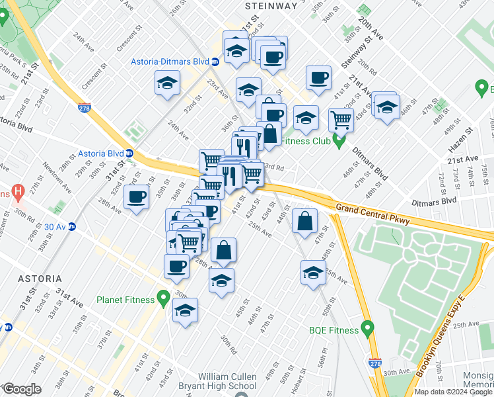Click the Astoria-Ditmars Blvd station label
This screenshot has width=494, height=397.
pos(167,62)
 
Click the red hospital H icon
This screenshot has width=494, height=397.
pos(18,193)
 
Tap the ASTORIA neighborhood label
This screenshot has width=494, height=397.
pos(31,279)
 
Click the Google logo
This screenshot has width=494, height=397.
pos(22,389)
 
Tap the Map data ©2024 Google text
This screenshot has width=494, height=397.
pos(453,392)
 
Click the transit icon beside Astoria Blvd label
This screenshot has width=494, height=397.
pos(130,154)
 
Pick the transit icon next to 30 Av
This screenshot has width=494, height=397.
pos(72,226)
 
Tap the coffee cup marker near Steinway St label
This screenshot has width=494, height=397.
pos(318,77)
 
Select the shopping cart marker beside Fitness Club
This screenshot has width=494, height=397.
pos(341,119)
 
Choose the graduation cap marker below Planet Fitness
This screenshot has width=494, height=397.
pos(185,310)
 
